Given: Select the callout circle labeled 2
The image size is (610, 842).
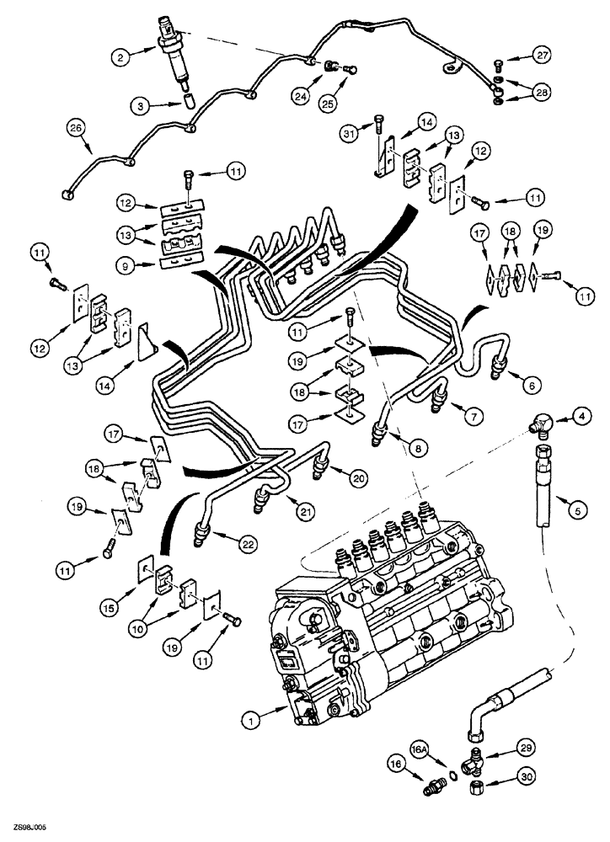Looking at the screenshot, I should (x=123, y=57).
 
